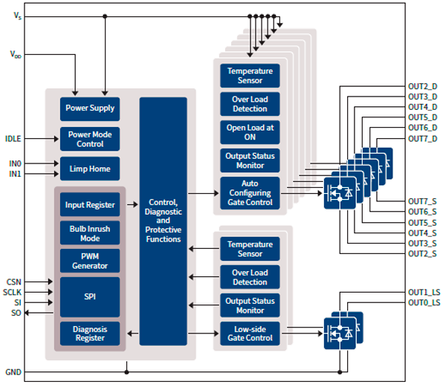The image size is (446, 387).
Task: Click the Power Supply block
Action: [90, 108]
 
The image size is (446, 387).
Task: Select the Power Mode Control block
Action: [90, 139]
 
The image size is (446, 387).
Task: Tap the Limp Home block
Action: [90, 169]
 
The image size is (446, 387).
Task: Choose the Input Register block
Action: [90, 204]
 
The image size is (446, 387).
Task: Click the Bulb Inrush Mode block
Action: [90, 233]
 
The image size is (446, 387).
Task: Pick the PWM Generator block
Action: [90, 261]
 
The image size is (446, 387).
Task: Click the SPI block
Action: [90, 296]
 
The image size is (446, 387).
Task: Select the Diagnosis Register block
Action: [90, 333]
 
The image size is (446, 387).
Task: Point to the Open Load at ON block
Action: [250, 132]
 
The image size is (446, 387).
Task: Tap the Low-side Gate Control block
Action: [250, 333]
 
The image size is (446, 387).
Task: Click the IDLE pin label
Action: [14, 139]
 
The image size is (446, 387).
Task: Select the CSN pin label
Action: [13, 282]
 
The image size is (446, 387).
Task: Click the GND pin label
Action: [13, 371]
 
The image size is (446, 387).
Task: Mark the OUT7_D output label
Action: [423, 139]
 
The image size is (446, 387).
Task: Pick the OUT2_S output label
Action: [423, 254]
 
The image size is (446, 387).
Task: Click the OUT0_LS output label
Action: [424, 303]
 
